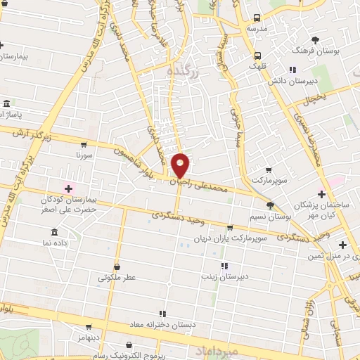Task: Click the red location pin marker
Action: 181,165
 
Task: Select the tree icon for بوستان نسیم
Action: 270,205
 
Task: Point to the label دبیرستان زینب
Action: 225,276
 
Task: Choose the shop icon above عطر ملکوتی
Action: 117,266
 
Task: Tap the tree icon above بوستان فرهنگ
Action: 315,39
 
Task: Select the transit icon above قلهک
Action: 258,54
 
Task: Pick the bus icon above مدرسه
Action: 258,18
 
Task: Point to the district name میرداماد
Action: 235,350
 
